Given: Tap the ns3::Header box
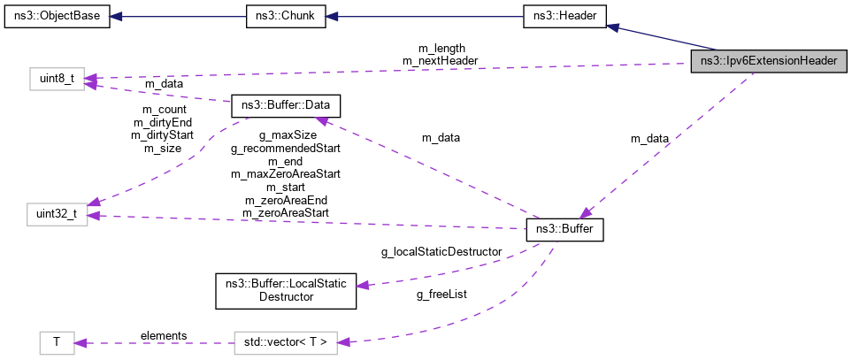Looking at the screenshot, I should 564,16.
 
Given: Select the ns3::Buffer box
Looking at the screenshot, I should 565,229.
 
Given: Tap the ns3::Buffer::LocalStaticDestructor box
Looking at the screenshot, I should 287,291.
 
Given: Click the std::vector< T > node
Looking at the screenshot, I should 286,341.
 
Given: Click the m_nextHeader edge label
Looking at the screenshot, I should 441,60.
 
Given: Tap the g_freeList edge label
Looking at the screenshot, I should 441,294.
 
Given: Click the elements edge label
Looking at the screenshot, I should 164,335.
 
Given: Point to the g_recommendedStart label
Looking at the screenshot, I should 286,149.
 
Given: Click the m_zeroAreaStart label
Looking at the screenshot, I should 286,213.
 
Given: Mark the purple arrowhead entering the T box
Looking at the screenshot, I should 80,341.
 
